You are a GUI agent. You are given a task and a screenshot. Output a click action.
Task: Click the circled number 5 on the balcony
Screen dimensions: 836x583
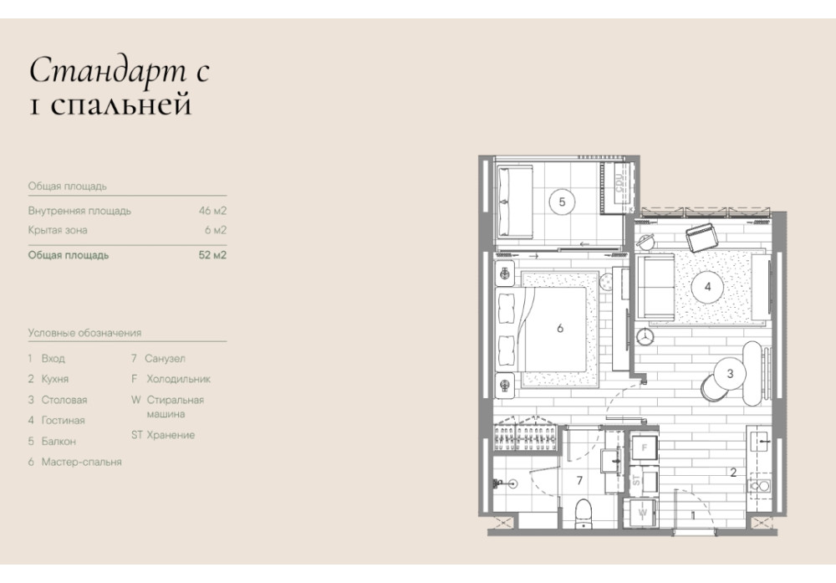tap(562, 202)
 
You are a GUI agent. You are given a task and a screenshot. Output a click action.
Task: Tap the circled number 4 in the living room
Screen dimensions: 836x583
tap(707, 286)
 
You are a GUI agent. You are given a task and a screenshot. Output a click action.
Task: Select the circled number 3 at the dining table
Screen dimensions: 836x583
tap(730, 373)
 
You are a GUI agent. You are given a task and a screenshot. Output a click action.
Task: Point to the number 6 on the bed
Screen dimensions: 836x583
tap(560, 328)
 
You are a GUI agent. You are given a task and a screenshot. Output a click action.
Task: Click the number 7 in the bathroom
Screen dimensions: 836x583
tap(579, 481)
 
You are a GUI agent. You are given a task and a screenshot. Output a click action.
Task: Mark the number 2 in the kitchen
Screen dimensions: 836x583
tap(733, 472)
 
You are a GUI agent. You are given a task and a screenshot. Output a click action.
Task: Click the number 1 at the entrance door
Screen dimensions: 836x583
tap(693, 515)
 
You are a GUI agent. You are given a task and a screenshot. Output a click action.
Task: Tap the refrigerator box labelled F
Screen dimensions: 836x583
tap(644, 448)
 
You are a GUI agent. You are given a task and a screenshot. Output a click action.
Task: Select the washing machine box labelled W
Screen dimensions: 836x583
tap(643, 513)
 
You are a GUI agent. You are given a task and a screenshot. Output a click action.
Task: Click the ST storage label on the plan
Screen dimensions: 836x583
tap(636, 480)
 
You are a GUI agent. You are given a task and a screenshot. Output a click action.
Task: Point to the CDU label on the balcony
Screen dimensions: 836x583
tap(619, 182)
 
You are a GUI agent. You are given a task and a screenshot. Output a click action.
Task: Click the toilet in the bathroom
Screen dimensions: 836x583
tap(584, 513)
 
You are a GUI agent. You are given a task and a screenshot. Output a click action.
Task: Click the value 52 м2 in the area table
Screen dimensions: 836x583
tap(212, 255)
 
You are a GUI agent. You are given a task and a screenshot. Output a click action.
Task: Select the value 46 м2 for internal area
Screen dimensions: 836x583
tap(212, 211)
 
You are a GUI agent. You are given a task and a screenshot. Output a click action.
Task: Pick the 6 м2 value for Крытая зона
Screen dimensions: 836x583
tap(216, 230)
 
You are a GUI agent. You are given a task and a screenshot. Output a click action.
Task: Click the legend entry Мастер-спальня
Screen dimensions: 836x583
tap(82, 462)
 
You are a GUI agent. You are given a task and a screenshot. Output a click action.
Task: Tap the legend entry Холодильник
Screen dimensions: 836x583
tap(179, 379)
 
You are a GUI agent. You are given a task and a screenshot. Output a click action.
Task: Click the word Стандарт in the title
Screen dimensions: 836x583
tap(108, 70)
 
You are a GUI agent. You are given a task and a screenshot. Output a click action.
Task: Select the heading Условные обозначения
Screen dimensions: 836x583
tap(84, 333)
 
